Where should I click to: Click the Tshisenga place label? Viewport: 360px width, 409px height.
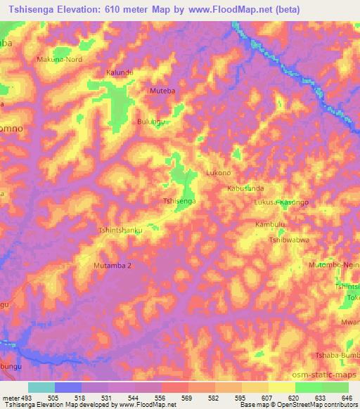(x=179, y=202)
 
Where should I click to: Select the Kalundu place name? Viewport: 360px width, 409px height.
(x=119, y=72)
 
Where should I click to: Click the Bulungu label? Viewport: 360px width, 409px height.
(x=150, y=122)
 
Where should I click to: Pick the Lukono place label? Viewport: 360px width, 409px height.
(x=218, y=172)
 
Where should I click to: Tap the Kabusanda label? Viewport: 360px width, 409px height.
(x=245, y=188)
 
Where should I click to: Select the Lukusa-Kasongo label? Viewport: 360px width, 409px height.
(x=282, y=202)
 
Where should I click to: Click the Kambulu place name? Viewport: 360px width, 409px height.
(x=271, y=224)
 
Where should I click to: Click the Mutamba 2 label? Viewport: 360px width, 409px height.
(x=112, y=266)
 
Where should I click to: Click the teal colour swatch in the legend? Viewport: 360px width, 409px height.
(x=41, y=387)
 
